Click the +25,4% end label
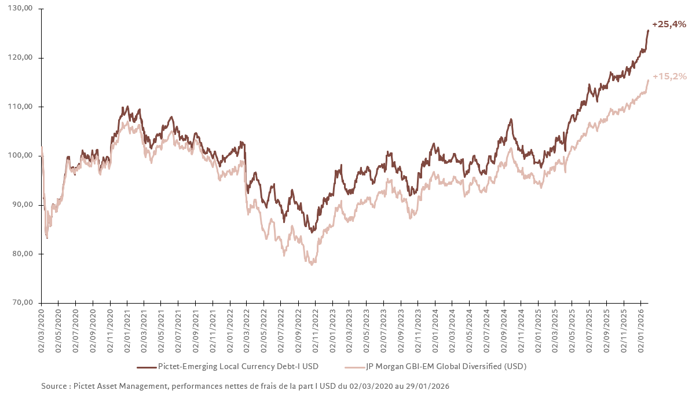[669, 24]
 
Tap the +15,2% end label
[669, 76]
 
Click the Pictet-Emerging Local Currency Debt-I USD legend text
[238, 367]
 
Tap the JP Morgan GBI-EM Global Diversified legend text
[446, 367]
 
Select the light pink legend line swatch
[354, 367]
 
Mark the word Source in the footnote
[54, 386]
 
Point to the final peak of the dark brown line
[648, 31]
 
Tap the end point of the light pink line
[648, 80]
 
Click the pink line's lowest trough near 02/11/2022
[312, 264]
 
